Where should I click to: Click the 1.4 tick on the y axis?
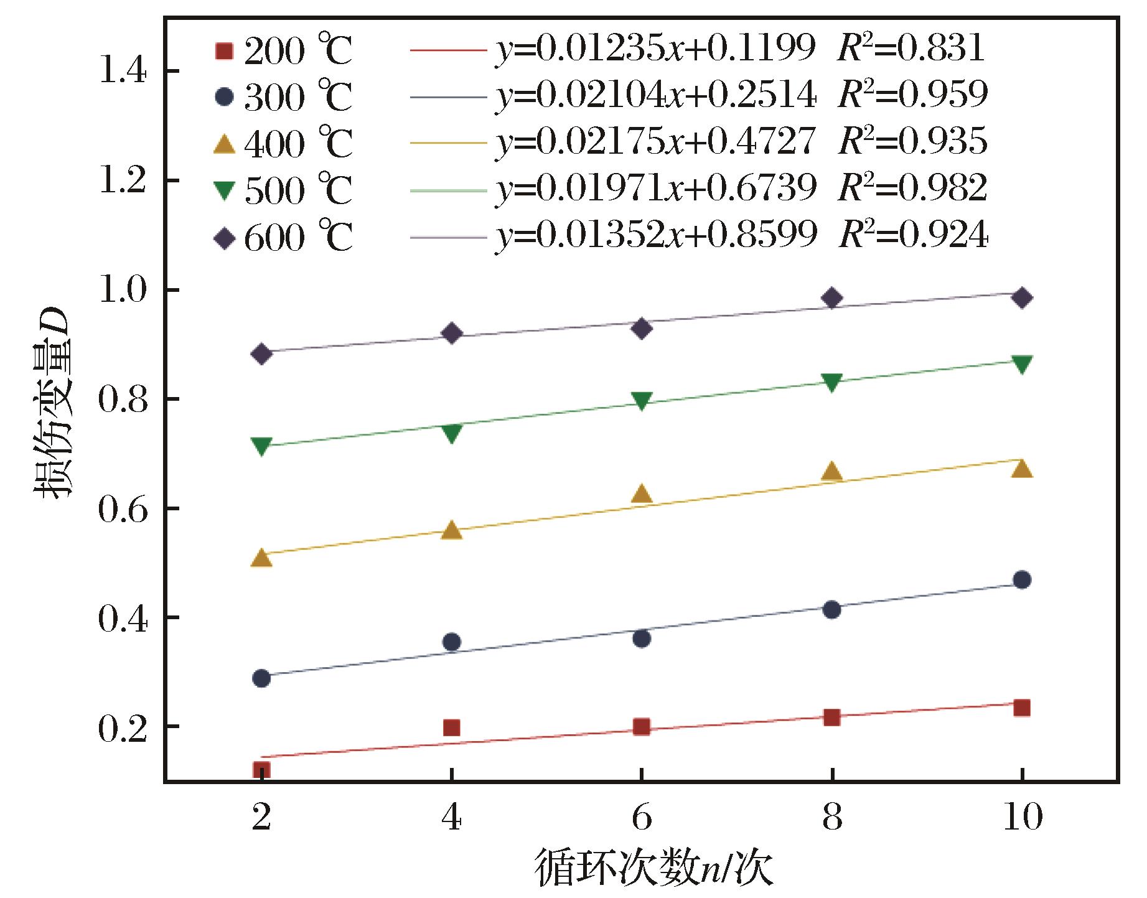coord(122,72)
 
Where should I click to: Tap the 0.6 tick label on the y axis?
coord(122,509)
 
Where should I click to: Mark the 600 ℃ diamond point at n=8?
coord(831,298)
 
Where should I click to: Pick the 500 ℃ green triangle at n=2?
coord(262,446)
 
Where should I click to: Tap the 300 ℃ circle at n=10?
coord(1021,580)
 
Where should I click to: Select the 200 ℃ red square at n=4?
coord(452,727)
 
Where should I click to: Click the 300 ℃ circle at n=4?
coord(452,642)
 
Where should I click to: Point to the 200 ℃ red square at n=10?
coord(1021,708)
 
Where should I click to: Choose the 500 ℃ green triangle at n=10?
coord(1021,364)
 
